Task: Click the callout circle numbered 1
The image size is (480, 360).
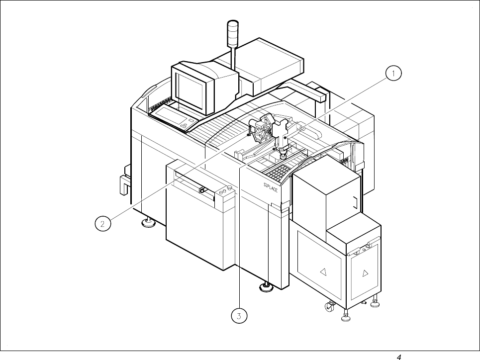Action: click(392, 74)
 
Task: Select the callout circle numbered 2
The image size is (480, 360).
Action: click(102, 223)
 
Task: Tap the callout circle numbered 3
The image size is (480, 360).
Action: click(239, 315)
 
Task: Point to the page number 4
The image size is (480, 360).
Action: click(398, 356)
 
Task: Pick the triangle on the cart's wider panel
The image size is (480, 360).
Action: click(322, 271)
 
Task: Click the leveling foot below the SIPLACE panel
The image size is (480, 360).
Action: click(266, 287)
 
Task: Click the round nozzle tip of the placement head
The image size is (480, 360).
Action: click(283, 156)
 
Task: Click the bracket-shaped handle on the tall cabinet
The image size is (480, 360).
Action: click(354, 202)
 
